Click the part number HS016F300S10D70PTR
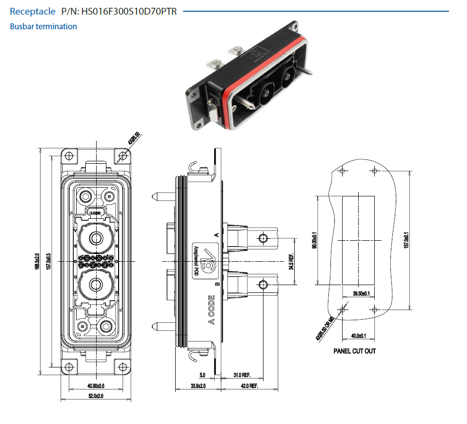click(129, 11)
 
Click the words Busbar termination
click(43, 26)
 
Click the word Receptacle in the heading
click(33, 11)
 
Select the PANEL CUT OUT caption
click(355, 351)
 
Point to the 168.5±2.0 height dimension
click(38, 263)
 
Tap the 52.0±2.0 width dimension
click(96, 395)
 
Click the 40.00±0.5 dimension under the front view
click(96, 385)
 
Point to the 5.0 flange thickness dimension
click(202, 375)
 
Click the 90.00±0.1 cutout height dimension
click(315, 240)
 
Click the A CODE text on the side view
click(211, 309)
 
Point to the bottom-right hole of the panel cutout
click(375, 309)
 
